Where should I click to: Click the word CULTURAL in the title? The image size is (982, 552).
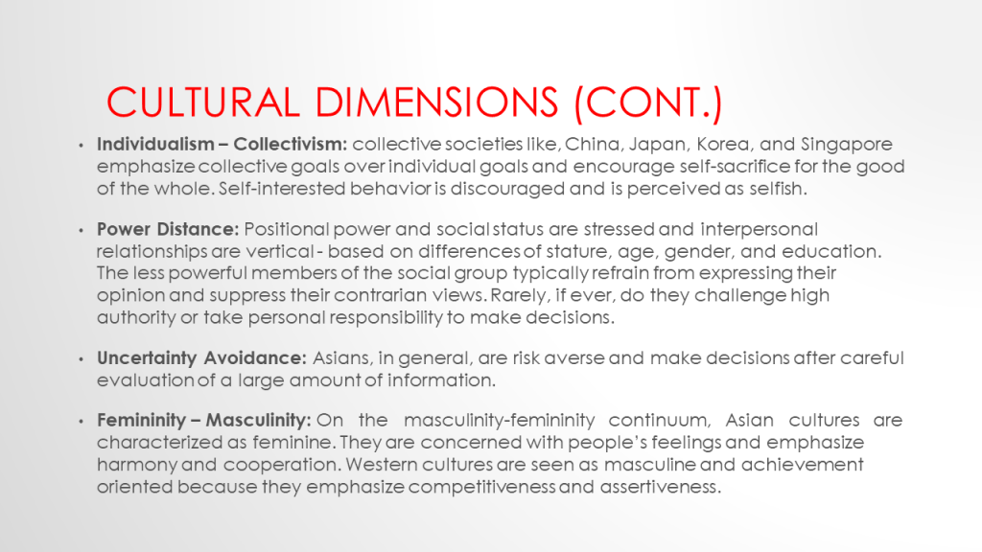coord(203,102)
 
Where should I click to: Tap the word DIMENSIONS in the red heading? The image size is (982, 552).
coord(436,102)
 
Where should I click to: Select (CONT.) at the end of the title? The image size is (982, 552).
coord(649,103)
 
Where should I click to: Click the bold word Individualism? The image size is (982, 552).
coord(155,144)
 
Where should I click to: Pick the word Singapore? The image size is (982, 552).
coord(846,145)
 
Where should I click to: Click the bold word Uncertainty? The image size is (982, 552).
coord(147,358)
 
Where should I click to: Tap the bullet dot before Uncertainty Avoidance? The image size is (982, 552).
coord(81,359)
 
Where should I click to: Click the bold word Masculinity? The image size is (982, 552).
coord(258,420)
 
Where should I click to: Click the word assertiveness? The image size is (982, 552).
coord(661,486)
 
